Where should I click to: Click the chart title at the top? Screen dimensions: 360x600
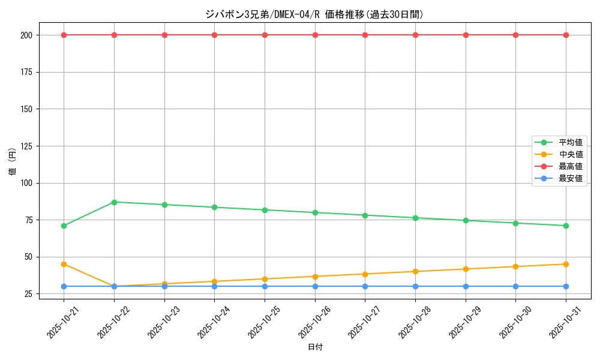(314, 14)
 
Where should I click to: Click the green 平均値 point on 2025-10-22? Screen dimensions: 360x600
(114, 202)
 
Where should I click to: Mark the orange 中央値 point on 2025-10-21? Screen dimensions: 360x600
(64, 264)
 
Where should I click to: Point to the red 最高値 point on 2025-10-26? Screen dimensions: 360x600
(315, 35)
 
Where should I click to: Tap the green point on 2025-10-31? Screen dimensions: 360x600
(566, 226)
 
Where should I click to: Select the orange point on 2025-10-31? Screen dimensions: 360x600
(566, 264)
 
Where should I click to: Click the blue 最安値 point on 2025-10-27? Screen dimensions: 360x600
(365, 286)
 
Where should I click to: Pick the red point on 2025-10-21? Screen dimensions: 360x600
(64, 35)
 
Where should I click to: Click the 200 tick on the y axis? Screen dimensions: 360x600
(26, 35)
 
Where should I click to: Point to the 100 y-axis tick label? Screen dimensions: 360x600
(26, 183)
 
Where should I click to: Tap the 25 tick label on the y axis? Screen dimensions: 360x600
(28, 294)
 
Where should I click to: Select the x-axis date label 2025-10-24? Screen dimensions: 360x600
(210, 323)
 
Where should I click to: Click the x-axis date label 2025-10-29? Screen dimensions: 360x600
(461, 323)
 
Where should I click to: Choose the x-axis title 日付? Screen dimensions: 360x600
(315, 347)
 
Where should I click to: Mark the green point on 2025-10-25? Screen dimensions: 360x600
(265, 210)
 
